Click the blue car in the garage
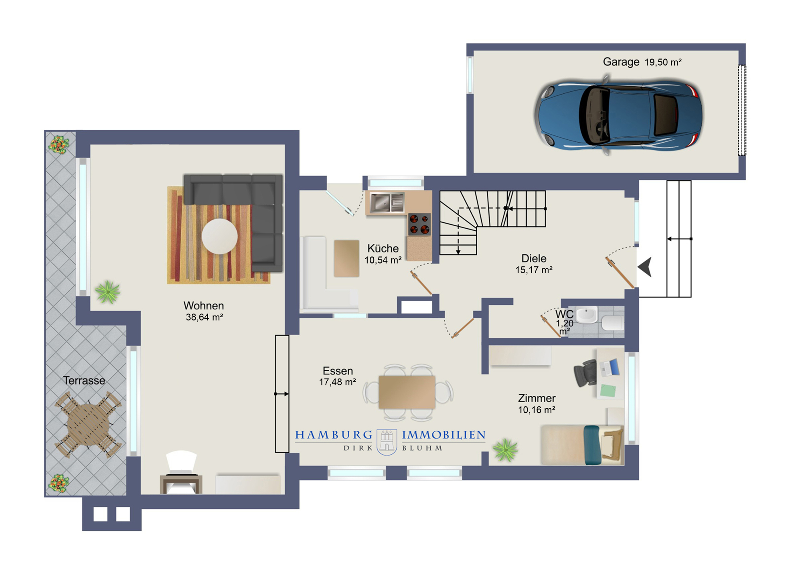pyautogui.click(x=618, y=115)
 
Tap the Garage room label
pyautogui.click(x=621, y=62)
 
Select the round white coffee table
pyautogui.click(x=219, y=236)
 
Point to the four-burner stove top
pyautogui.click(x=419, y=224)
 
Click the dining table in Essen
pyautogui.click(x=407, y=392)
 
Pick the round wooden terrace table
pyautogui.click(x=88, y=424)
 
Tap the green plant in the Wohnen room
pyautogui.click(x=107, y=292)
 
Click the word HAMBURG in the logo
pyautogui.click(x=334, y=435)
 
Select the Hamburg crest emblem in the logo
pyautogui.click(x=387, y=442)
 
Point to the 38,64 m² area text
pyautogui.click(x=204, y=317)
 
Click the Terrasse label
pyautogui.click(x=84, y=381)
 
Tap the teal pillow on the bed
pyautogui.click(x=592, y=445)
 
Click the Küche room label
pyautogui.click(x=383, y=248)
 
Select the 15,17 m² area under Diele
pyautogui.click(x=534, y=270)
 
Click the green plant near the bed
pyautogui.click(x=506, y=450)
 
